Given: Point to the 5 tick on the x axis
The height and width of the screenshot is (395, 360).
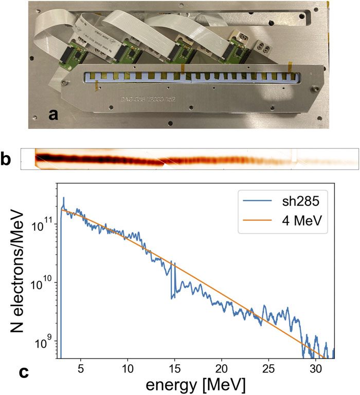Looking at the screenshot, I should [80, 369].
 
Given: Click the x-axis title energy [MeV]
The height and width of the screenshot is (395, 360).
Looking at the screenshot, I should [194, 385].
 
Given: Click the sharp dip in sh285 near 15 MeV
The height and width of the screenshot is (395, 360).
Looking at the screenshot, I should [172, 297].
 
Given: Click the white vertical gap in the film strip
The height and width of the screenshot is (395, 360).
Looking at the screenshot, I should [294, 157].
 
